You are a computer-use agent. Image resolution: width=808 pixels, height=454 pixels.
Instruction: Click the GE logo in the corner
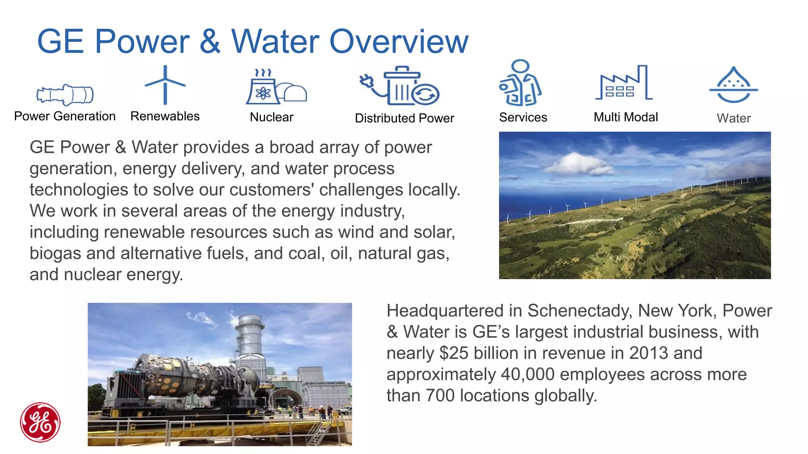click(40, 422)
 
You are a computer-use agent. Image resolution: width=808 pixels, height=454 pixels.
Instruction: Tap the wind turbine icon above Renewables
click(165, 85)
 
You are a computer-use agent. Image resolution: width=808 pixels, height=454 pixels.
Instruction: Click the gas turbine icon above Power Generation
click(65, 95)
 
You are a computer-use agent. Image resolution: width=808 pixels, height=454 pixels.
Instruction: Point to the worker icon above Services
click(520, 83)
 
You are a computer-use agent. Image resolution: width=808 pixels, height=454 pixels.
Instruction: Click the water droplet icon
click(733, 85)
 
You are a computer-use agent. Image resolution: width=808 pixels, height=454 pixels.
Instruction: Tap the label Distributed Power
click(404, 118)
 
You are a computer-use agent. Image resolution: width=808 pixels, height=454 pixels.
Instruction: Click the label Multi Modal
click(626, 117)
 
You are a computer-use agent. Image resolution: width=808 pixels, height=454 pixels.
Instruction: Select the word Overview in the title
click(399, 41)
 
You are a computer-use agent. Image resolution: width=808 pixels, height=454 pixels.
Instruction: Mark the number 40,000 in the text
click(527, 374)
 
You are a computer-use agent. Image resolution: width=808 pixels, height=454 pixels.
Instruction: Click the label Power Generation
click(65, 116)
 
